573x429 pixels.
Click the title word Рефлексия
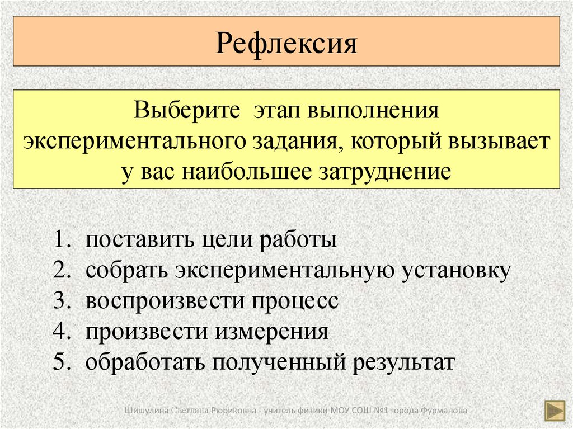click(x=286, y=43)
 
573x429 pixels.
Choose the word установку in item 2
click(x=455, y=271)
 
